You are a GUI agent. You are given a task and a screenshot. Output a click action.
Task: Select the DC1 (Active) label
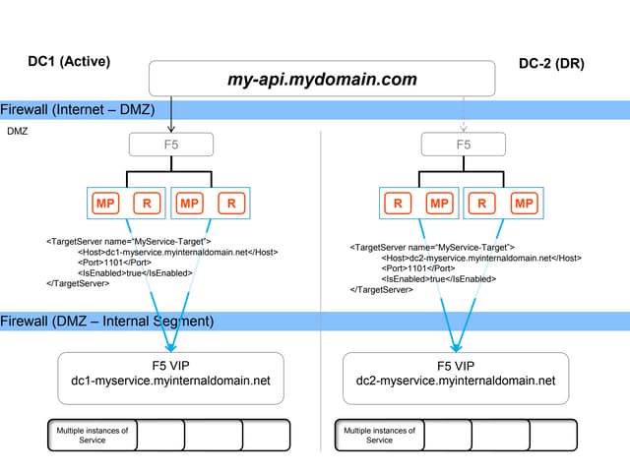point(69,61)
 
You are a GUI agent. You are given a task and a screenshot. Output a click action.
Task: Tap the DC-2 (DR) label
point(551,64)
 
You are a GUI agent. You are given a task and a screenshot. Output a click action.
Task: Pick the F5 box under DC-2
point(463,145)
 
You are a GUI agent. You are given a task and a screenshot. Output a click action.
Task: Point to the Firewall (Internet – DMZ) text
point(78,109)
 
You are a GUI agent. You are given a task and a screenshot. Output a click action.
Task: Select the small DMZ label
point(18,130)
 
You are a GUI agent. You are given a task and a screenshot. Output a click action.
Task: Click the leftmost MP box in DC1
point(104,205)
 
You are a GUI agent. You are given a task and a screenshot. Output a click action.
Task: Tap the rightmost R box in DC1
point(231,205)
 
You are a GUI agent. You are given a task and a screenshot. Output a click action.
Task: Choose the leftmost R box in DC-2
point(398,205)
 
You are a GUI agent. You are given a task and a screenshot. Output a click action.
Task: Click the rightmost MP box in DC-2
point(524,205)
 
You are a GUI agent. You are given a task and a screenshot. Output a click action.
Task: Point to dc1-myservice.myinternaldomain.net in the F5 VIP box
point(171,381)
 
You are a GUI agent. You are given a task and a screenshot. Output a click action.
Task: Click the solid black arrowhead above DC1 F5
point(172,128)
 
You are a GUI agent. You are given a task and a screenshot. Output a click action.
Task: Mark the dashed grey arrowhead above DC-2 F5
point(463,128)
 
